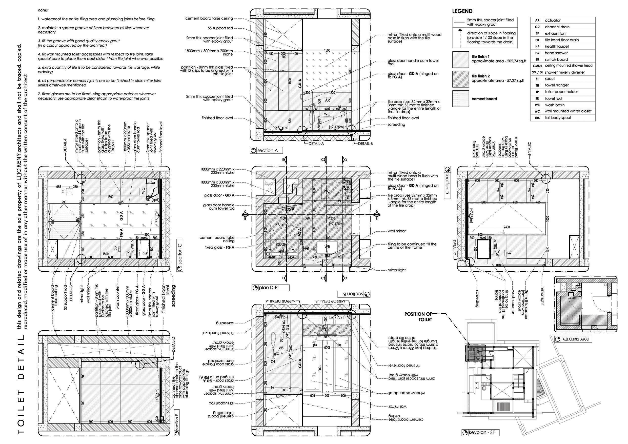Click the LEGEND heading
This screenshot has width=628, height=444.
click(x=462, y=11)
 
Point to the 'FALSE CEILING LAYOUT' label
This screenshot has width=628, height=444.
click(x=575, y=339)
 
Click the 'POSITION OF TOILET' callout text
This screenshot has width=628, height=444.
click(x=418, y=316)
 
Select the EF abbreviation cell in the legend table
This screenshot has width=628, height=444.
click(x=537, y=33)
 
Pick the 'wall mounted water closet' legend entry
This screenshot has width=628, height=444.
click(x=568, y=111)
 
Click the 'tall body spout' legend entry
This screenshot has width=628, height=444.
click(x=558, y=118)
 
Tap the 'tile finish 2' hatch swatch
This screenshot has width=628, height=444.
click(x=461, y=79)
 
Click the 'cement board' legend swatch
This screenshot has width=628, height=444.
click(x=461, y=98)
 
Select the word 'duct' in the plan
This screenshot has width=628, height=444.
click(x=269, y=184)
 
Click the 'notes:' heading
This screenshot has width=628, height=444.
click(x=43, y=10)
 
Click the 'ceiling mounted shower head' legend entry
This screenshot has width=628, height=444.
click(x=568, y=66)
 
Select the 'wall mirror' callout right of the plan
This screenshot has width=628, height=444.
click(x=396, y=231)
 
